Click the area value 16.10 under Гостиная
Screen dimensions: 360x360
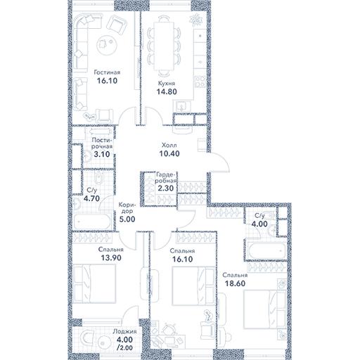pos(107,81)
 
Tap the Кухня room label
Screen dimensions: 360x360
pos(167,83)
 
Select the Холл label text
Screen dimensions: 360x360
pos(169,146)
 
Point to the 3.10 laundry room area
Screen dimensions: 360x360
pos(102,154)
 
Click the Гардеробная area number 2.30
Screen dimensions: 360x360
pos(165,188)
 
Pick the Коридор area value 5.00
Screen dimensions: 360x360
pos(127,219)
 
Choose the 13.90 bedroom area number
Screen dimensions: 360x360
pos(111,258)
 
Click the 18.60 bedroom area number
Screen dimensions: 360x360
pos(235,283)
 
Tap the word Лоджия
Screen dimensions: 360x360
pos(124,332)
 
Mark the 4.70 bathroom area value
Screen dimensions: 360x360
pos(91,198)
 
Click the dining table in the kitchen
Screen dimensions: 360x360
pos(165,46)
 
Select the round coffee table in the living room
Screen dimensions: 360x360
pos(107,45)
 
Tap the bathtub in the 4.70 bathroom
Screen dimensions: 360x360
pos(92,221)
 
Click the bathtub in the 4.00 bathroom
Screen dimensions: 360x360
pos(265,250)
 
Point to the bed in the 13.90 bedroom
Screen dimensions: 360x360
pos(95,283)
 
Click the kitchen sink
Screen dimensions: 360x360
pos(182,107)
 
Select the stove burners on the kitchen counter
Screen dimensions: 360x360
pos(200,82)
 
